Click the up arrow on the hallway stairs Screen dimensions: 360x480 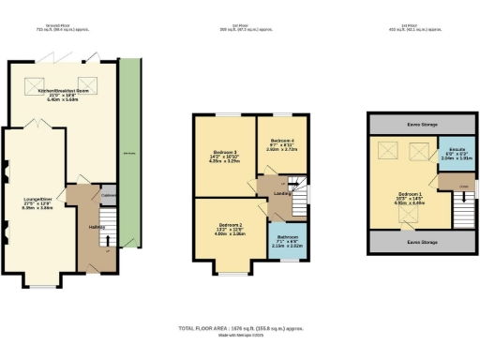tap(111, 240)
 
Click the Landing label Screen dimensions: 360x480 tap(278, 195)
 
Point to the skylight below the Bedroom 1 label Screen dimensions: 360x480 tap(406, 217)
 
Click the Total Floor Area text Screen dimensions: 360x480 tap(240, 328)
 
